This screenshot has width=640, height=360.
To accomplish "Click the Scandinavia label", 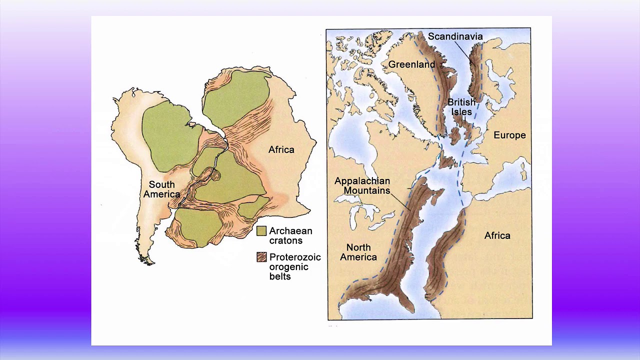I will pyautogui.click(x=455, y=36).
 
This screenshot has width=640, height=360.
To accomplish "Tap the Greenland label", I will pyautogui.click(x=411, y=64).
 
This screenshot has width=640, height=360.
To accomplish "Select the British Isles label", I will pyautogui.click(x=461, y=107).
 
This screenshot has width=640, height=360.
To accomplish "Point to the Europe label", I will pyautogui.click(x=509, y=135).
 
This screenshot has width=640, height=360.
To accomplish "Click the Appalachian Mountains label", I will pyautogui.click(x=362, y=185).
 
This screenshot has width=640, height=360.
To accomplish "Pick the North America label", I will pyautogui.click(x=358, y=252).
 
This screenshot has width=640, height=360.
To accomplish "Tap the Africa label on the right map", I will pyautogui.click(x=497, y=235).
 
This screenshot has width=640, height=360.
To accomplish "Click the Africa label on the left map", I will pyautogui.click(x=281, y=149).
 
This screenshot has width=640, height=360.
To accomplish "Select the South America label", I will pyautogui.click(x=161, y=189).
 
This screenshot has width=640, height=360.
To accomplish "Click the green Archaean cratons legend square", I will pyautogui.click(x=261, y=231).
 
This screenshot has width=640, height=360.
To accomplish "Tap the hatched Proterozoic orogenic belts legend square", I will pyautogui.click(x=261, y=257).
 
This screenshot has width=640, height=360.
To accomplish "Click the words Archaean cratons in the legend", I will pyautogui.click(x=290, y=235).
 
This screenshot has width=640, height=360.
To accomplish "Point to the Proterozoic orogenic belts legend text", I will pyautogui.click(x=294, y=266).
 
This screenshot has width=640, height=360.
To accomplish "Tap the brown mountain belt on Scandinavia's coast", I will pyautogui.click(x=474, y=70).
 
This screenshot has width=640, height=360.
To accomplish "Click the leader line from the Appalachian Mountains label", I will pyautogui.click(x=399, y=199).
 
